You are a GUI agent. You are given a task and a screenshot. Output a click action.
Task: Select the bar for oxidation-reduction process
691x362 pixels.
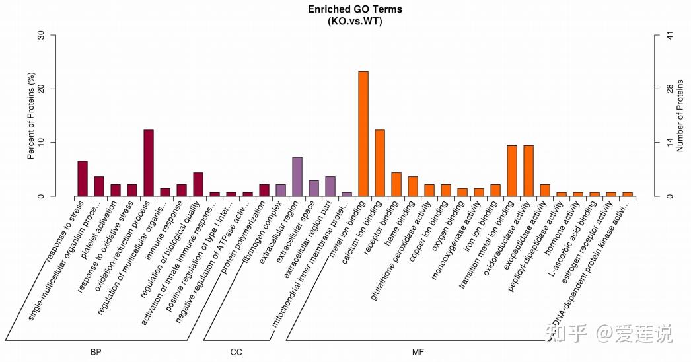149,163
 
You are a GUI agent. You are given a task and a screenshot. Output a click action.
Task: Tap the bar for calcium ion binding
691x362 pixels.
379,163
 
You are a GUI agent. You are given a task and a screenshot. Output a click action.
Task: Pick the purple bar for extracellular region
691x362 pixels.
297,176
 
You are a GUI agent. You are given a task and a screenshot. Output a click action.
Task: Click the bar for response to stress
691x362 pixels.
83,178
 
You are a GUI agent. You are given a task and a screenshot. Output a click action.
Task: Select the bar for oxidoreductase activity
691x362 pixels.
528,170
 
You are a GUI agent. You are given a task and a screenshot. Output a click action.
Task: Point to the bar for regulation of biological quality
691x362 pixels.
198,184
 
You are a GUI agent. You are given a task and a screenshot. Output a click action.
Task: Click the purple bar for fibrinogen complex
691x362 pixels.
281,190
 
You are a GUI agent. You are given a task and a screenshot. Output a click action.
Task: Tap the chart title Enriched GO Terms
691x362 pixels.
355,9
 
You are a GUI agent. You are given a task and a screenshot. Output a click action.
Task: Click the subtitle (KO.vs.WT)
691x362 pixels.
355,21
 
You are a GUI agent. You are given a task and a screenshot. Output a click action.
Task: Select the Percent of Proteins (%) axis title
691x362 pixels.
30,116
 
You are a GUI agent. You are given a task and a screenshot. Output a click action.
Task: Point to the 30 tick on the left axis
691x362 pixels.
42,35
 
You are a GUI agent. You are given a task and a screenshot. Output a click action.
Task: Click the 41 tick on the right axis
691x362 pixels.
669,35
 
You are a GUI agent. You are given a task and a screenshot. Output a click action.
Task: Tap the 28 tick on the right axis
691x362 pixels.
669,89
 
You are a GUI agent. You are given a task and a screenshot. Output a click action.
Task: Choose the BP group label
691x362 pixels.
96,352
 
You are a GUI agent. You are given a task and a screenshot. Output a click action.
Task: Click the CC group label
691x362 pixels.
236,352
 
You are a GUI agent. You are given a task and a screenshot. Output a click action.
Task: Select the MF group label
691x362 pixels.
418,352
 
